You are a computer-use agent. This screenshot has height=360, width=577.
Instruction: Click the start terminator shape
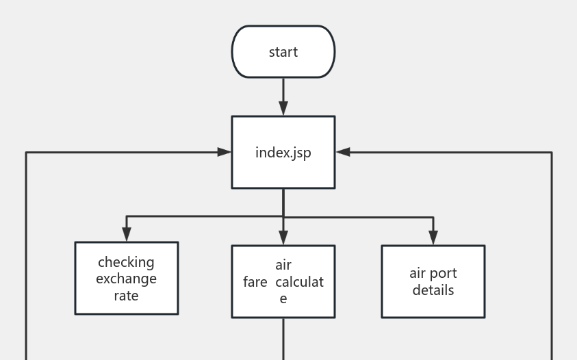[283, 52]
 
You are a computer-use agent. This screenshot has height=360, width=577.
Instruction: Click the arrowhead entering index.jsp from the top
[283, 108]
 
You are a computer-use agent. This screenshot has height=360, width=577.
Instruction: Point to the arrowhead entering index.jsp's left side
[224, 152]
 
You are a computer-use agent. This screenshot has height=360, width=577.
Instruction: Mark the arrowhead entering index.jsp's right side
[343, 152]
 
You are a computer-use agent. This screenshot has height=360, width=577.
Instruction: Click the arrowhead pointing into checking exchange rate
[126, 235]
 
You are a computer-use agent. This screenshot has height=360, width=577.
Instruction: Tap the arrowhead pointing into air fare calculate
[283, 238]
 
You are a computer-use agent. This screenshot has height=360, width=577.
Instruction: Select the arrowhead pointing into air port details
[433, 238]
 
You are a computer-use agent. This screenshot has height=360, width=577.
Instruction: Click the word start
[283, 52]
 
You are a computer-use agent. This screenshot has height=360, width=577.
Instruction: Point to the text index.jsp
[283, 153]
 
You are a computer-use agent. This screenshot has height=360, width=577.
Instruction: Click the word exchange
[126, 279]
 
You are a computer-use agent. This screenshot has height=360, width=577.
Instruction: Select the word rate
[126, 296]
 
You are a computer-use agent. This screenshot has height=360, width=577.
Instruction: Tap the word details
[433, 290]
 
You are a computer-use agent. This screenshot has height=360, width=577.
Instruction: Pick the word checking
[126, 262]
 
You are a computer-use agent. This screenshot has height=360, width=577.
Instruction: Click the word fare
[255, 282]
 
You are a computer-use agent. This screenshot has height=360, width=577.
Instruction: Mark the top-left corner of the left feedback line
[26, 153]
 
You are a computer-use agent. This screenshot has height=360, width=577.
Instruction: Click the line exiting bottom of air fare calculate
[283, 339]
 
